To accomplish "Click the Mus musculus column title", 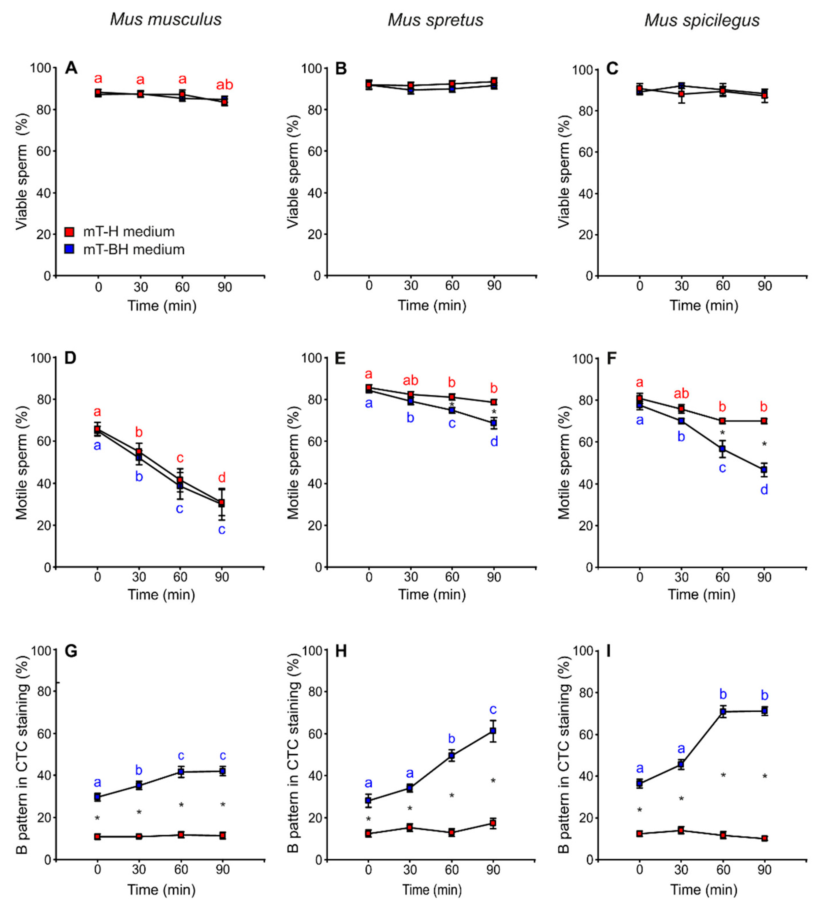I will point(166,20).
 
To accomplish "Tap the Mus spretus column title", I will point(436,20).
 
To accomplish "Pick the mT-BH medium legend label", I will point(134,249).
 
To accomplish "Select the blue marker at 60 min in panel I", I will point(723,712).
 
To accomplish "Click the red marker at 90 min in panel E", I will point(493,402).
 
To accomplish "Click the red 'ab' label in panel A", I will point(224,85).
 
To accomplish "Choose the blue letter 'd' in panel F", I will point(764,490).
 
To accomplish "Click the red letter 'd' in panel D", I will point(222,478).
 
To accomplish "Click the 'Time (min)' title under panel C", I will point(704,306).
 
